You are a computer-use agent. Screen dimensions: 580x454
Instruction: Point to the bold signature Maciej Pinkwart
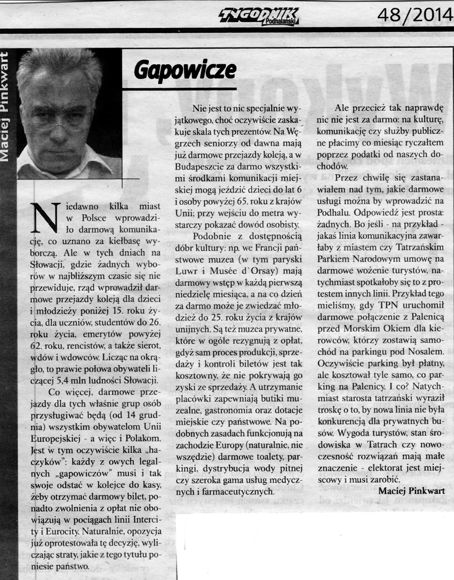[x=412, y=491]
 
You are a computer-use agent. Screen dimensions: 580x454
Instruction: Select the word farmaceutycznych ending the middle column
[x=239, y=492]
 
